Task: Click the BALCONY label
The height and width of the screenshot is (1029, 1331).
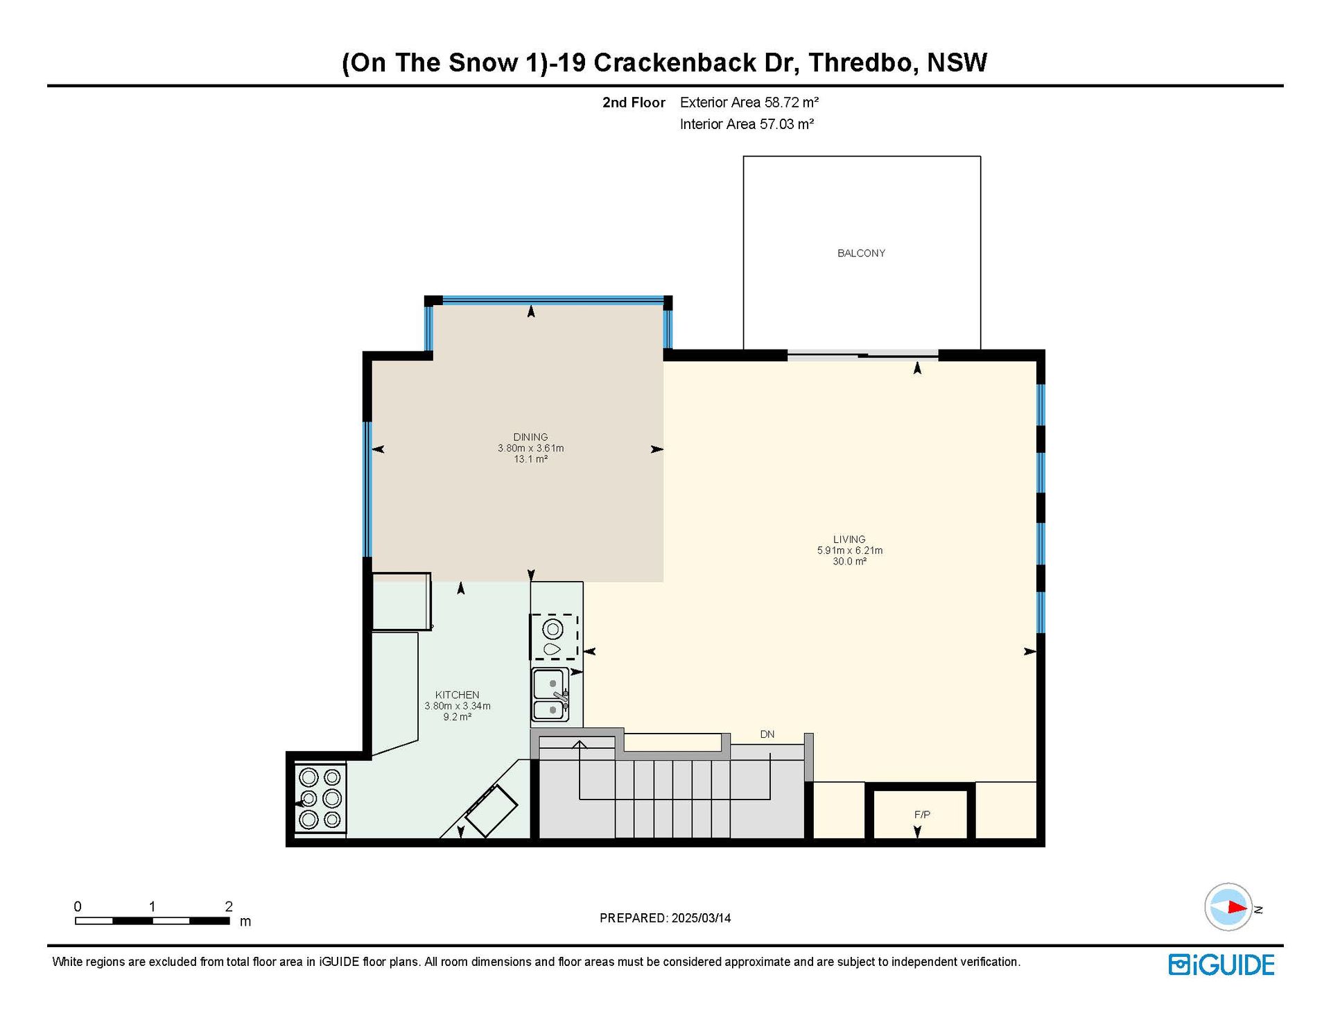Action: coord(861,253)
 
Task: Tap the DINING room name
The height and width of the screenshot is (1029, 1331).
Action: coord(530,437)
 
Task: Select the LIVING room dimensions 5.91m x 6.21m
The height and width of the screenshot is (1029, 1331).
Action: coord(849,551)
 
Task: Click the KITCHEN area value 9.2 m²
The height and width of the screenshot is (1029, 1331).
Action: coord(458,717)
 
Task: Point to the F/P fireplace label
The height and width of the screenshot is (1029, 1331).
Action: coord(922,815)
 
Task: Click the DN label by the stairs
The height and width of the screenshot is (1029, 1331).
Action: coord(767,734)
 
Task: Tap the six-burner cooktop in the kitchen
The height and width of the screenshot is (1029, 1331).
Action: coord(320,799)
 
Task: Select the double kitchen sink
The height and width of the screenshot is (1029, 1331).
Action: coord(550,694)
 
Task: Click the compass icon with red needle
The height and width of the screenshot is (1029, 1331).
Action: coord(1228,907)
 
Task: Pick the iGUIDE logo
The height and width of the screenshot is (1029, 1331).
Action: coord(1221,965)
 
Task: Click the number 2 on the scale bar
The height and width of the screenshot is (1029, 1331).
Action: coord(229,906)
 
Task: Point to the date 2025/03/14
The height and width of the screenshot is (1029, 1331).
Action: coord(701,918)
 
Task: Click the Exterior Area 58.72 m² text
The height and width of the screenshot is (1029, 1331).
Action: coord(749,103)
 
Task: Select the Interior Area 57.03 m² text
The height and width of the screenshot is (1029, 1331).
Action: coord(747,124)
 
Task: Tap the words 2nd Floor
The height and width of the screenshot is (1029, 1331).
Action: coord(634,103)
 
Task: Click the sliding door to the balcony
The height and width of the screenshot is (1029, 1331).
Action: coord(862,356)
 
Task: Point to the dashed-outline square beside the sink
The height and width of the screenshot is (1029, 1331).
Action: coord(554,637)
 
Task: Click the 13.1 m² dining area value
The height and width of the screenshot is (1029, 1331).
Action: coord(530,459)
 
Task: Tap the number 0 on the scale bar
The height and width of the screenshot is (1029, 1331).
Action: coord(78,906)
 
